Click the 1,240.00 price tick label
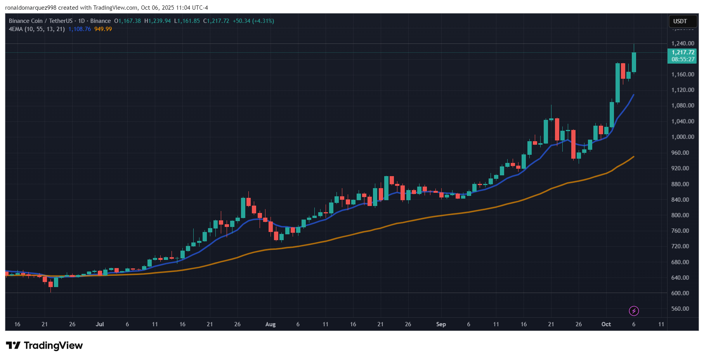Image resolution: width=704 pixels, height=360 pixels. [x=683, y=43]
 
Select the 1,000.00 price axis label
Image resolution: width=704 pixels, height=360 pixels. [x=683, y=137]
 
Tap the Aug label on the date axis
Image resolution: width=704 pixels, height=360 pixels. [x=271, y=324]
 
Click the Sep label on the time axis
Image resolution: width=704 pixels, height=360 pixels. [x=441, y=324]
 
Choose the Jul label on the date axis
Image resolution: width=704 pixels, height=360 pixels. [x=100, y=324]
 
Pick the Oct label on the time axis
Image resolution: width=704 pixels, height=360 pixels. [x=606, y=324]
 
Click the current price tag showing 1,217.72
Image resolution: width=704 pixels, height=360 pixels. [x=682, y=56]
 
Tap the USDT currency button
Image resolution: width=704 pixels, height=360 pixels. [x=680, y=21]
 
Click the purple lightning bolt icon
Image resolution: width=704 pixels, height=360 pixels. [x=634, y=311]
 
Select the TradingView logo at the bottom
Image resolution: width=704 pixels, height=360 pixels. [x=44, y=345]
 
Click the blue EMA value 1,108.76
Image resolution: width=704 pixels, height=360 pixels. [x=80, y=29]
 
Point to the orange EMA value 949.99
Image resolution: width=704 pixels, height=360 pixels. [x=103, y=29]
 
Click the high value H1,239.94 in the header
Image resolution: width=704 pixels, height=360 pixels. [x=158, y=21]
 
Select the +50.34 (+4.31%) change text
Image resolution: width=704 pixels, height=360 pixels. [x=253, y=21]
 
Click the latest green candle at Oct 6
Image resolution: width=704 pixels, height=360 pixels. [x=634, y=62]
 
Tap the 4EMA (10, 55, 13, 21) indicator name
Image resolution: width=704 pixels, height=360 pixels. [x=37, y=29]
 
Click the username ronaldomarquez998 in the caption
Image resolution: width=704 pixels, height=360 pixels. [x=31, y=8]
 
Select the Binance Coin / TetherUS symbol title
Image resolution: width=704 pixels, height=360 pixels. [x=41, y=21]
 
